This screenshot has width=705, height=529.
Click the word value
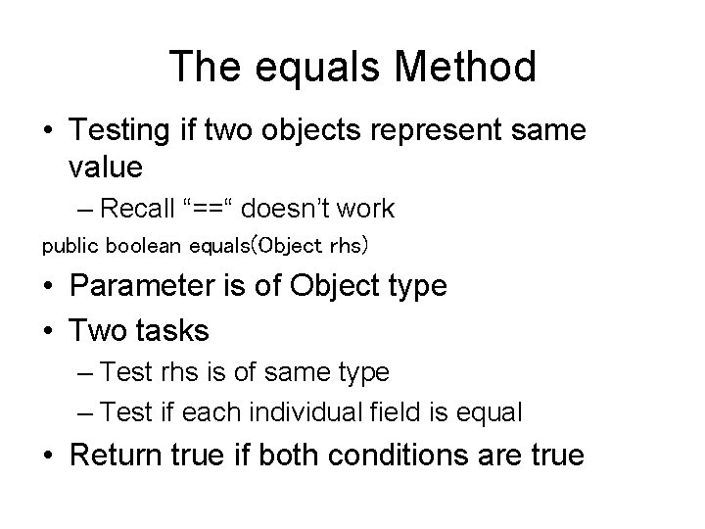(106, 167)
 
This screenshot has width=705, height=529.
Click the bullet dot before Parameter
(50, 286)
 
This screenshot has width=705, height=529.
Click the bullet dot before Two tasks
(50, 331)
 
